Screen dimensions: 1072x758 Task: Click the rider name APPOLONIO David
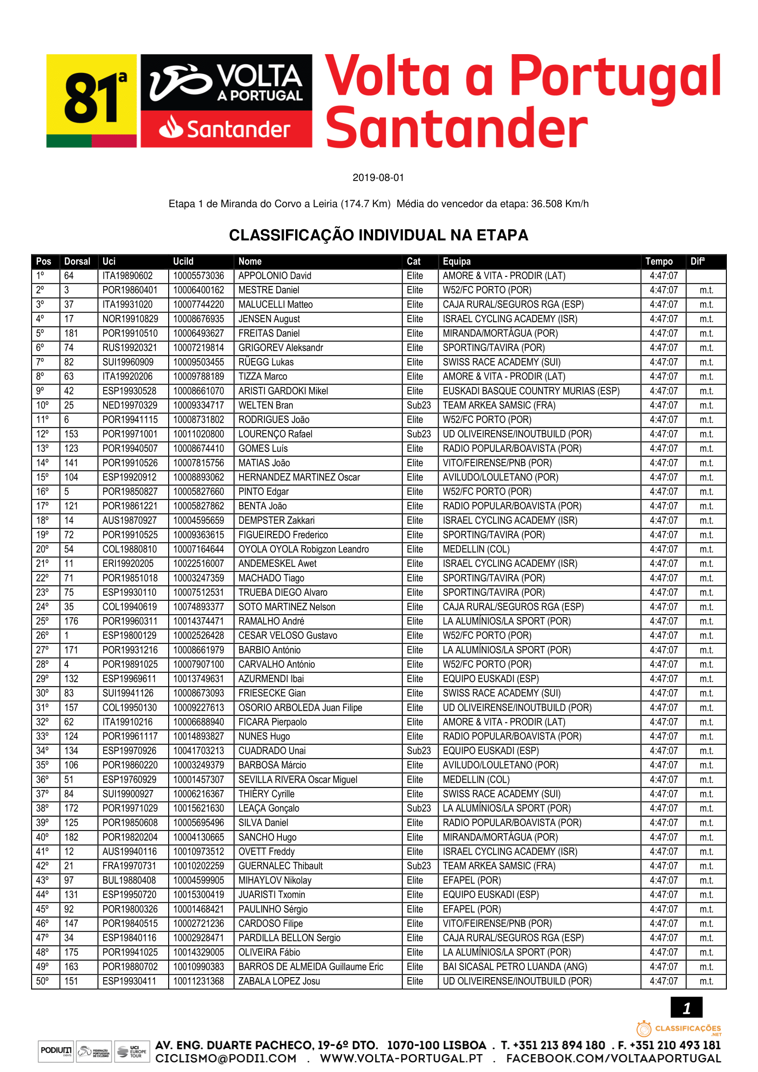click(x=275, y=276)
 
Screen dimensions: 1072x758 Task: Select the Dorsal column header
click(x=77, y=261)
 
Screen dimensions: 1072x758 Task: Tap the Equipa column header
click(x=456, y=261)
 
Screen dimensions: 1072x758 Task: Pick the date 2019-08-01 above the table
click(x=378, y=178)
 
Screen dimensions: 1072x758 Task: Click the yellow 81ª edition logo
click(x=92, y=100)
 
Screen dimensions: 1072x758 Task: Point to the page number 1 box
click(x=686, y=1008)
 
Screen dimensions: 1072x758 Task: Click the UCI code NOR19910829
click(x=130, y=319)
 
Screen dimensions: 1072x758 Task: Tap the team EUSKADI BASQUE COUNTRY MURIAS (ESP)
click(x=531, y=391)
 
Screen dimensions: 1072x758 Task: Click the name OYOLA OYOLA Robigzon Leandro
click(x=303, y=549)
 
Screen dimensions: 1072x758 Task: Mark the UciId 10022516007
click(x=198, y=564)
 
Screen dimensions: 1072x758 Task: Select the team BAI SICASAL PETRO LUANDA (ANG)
click(x=514, y=967)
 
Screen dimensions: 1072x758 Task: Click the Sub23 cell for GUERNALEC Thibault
click(x=419, y=866)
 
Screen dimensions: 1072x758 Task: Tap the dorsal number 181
click(x=71, y=333)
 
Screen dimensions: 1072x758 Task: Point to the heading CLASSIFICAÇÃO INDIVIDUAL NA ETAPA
click(x=379, y=235)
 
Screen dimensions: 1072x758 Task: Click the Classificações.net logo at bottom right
click(x=679, y=1029)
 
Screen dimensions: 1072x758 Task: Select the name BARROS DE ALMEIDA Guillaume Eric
click(x=310, y=967)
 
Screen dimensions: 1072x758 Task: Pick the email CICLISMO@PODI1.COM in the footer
click(x=226, y=1058)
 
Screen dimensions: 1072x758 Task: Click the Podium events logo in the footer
click(x=56, y=1051)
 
